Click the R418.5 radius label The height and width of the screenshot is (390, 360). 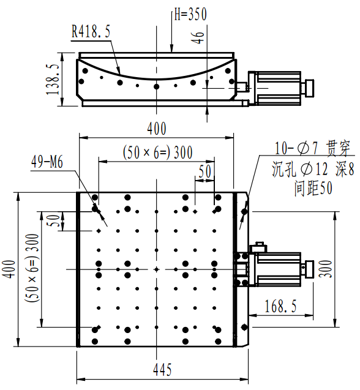pos(91,32)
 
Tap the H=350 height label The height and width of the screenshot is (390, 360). pos(190,13)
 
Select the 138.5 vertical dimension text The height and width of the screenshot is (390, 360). pos(53,80)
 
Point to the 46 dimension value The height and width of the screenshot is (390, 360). pos(198,38)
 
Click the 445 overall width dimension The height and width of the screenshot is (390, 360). pos(162,370)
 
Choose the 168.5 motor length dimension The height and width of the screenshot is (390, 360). pos(280,306)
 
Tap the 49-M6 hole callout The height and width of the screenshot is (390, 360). pos(47,162)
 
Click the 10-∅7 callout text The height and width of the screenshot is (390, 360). pos(296,148)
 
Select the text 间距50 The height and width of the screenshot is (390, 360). pos(313,188)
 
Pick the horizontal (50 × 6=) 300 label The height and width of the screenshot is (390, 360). pos(158,152)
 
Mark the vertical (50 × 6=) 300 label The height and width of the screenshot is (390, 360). pos(32,268)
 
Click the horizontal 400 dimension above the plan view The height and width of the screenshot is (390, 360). pos(157,129)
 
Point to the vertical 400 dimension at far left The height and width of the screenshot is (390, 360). pos(9,269)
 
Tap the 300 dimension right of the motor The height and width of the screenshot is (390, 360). pos(326,269)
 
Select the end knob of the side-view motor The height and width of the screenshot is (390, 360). pos(310,88)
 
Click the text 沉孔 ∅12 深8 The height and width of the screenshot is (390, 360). pos(313,169)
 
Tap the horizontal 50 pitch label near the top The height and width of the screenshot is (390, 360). pos(205,171)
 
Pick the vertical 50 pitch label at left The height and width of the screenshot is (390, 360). pos(53,220)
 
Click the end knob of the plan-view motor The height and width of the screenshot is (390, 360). pos(310,269)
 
